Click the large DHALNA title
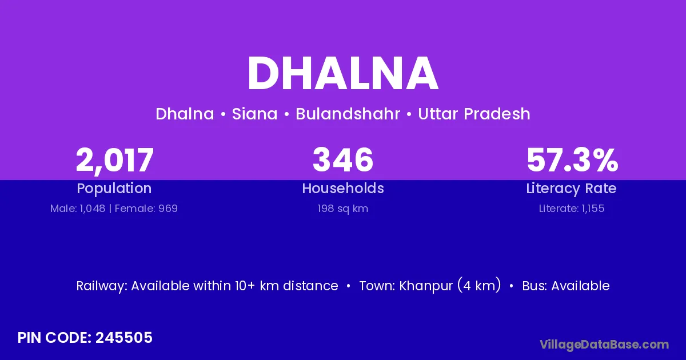point(343,73)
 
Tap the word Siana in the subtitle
point(254,114)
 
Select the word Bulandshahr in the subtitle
point(348,114)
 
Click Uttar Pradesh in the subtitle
point(474,114)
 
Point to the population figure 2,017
point(114,161)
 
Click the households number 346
point(343,159)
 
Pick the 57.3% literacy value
point(572,160)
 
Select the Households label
point(343,188)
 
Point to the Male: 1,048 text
point(78,209)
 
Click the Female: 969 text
point(146,209)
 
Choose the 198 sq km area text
point(342,209)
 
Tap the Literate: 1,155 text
point(572,209)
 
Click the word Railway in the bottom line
point(101,286)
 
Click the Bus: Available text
point(565,286)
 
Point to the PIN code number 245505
point(123,338)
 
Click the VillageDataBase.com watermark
point(604,345)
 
